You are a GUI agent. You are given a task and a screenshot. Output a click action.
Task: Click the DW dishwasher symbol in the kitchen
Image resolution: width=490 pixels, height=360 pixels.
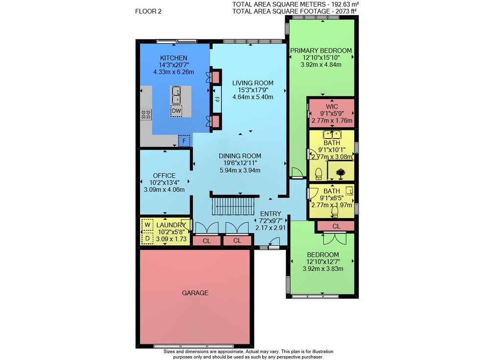[x=176, y=111]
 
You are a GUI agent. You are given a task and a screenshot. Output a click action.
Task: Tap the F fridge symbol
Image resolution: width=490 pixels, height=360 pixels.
[x=184, y=141]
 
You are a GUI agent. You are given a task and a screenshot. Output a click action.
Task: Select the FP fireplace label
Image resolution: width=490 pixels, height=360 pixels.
[x=217, y=99]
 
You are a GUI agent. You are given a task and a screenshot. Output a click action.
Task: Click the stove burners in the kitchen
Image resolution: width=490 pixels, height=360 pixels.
[x=146, y=115]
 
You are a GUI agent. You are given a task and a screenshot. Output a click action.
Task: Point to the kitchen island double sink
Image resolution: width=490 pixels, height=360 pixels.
[x=176, y=95]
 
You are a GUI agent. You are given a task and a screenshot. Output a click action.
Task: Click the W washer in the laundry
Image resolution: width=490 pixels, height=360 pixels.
[x=147, y=225]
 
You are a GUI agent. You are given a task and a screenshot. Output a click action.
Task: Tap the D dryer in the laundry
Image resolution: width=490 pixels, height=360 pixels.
[x=147, y=238]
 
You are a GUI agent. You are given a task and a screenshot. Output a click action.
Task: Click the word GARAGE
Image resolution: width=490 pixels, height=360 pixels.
[x=195, y=293]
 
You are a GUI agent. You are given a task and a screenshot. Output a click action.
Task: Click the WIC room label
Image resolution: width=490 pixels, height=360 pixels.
[x=332, y=107]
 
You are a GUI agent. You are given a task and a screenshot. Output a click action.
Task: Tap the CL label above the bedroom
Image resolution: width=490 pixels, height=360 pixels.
[x=336, y=226]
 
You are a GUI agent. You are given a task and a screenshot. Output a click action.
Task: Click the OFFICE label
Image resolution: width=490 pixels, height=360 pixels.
[x=164, y=176]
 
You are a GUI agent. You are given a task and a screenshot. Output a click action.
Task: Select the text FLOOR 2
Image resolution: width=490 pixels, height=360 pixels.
[x=148, y=12]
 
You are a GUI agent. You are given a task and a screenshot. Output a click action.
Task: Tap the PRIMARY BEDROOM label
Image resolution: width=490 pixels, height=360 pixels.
[x=321, y=50]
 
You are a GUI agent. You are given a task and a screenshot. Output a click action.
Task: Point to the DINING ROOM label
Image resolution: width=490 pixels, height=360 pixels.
[x=240, y=156]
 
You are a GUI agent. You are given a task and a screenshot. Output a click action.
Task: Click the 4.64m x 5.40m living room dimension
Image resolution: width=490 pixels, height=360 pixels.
[x=252, y=97]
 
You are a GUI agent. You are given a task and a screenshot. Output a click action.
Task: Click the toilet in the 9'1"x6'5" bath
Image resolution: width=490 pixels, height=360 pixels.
[x=335, y=212]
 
